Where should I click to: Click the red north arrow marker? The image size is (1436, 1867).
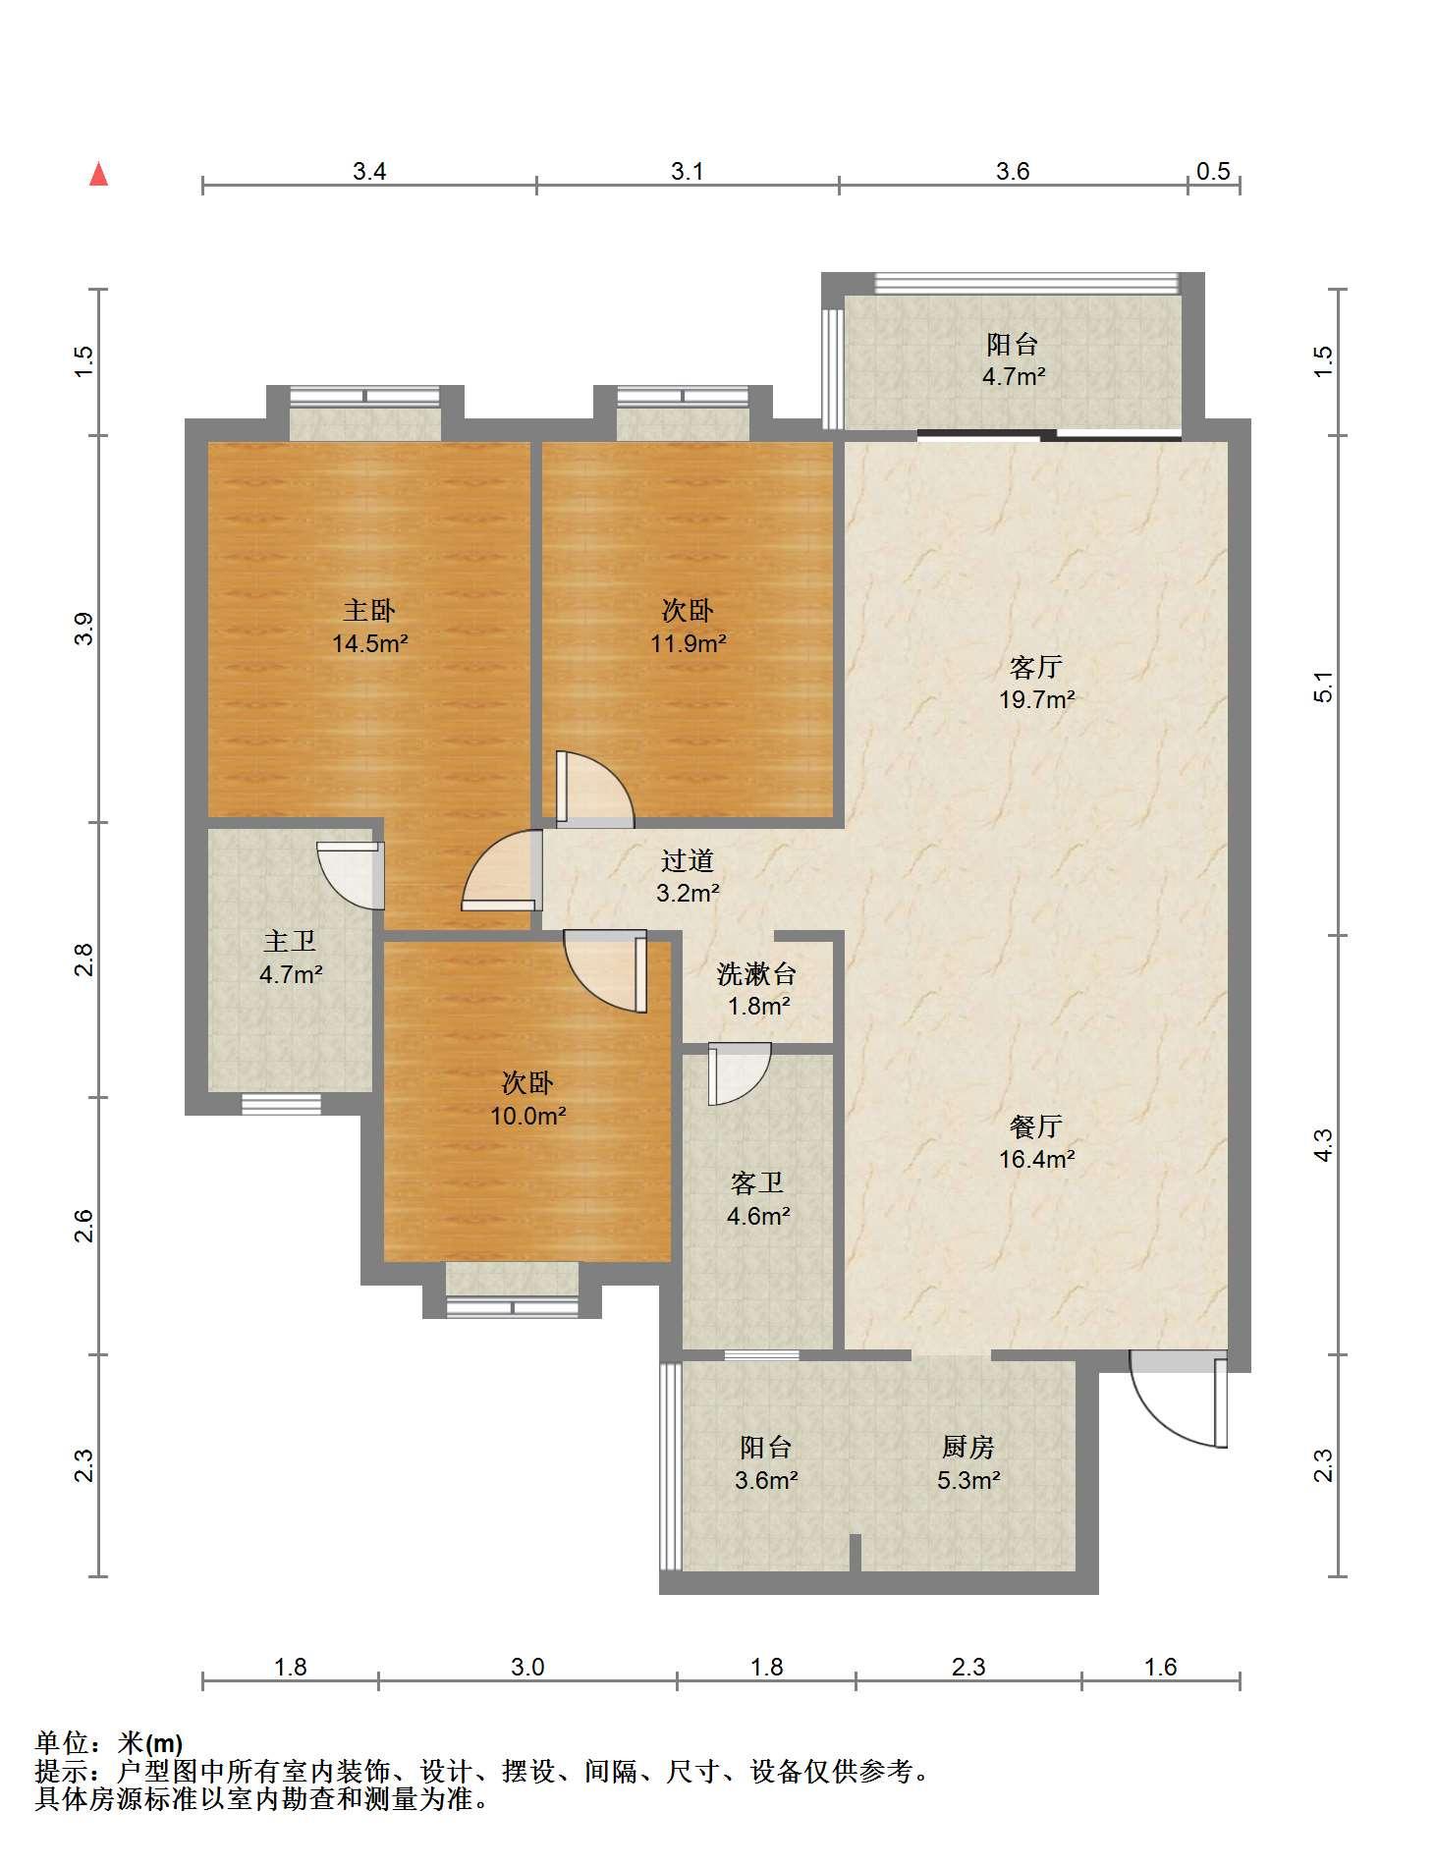98,175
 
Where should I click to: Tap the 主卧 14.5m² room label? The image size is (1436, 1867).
369,627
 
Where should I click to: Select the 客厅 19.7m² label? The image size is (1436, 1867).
1036,683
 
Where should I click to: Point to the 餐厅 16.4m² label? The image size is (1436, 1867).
1036,1142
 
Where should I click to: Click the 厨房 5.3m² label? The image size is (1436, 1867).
968,1463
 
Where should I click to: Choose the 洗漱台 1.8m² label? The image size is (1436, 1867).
757,989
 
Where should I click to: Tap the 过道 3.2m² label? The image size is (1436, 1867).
688,876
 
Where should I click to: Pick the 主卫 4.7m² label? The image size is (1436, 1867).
290,958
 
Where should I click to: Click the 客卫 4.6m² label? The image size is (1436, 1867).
758,1199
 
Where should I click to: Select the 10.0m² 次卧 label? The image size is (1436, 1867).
528,1099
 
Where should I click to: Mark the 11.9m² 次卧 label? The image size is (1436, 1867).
688,627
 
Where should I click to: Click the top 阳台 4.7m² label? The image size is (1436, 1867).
1013,359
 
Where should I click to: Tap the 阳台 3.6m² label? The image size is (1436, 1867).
766,1463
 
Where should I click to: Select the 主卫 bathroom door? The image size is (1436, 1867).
351,874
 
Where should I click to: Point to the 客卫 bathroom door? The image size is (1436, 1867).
739,1073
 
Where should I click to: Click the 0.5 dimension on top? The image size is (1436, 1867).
1213,171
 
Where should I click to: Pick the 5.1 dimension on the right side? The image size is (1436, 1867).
1324,686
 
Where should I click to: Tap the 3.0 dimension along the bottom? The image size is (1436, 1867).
527,1667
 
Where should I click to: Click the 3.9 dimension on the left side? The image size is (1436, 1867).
84,629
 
